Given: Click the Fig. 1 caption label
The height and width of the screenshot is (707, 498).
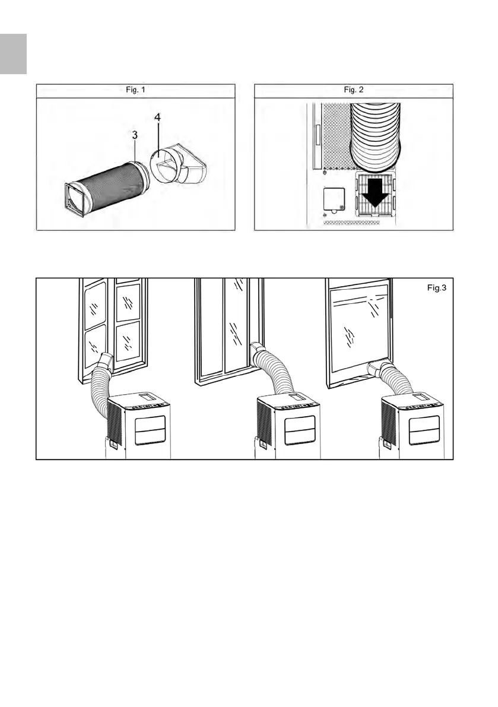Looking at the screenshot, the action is click(x=136, y=91).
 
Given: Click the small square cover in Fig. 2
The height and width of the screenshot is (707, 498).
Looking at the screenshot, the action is click(x=333, y=200).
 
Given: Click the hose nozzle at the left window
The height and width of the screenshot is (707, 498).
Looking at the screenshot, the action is click(x=106, y=360).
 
